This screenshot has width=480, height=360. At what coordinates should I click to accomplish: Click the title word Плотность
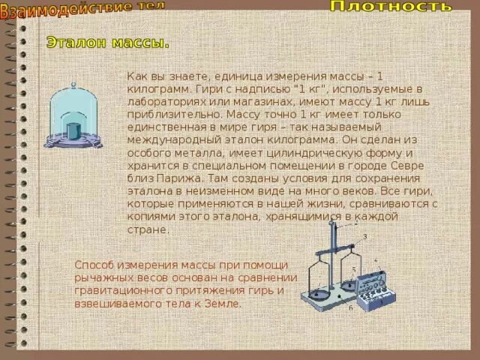pos(391,7)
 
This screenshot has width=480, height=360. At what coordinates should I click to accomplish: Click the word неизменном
pos(201,192)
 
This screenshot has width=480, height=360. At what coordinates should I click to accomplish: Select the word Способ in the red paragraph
pos(95,265)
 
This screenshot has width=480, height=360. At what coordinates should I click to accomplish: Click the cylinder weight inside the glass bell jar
pos(73,129)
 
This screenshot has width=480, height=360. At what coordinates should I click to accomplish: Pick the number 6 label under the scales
pos(349,308)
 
